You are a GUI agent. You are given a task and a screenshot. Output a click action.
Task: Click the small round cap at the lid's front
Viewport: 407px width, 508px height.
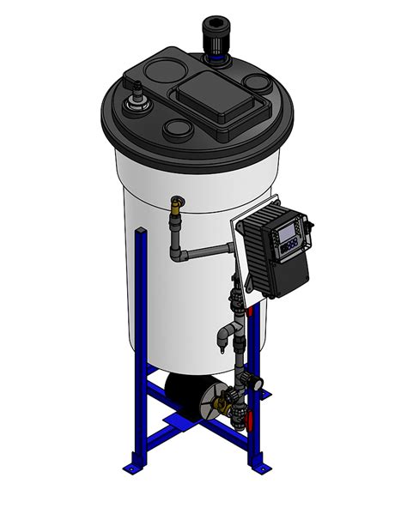[178, 130]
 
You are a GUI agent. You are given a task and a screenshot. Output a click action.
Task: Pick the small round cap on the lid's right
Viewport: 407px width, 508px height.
[256, 83]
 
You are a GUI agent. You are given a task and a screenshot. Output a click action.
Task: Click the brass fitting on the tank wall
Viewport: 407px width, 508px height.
[179, 204]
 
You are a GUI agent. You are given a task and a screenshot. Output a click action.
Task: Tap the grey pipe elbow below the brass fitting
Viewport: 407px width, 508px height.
[178, 254]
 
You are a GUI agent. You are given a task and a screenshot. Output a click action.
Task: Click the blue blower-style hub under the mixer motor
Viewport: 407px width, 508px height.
[215, 60]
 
